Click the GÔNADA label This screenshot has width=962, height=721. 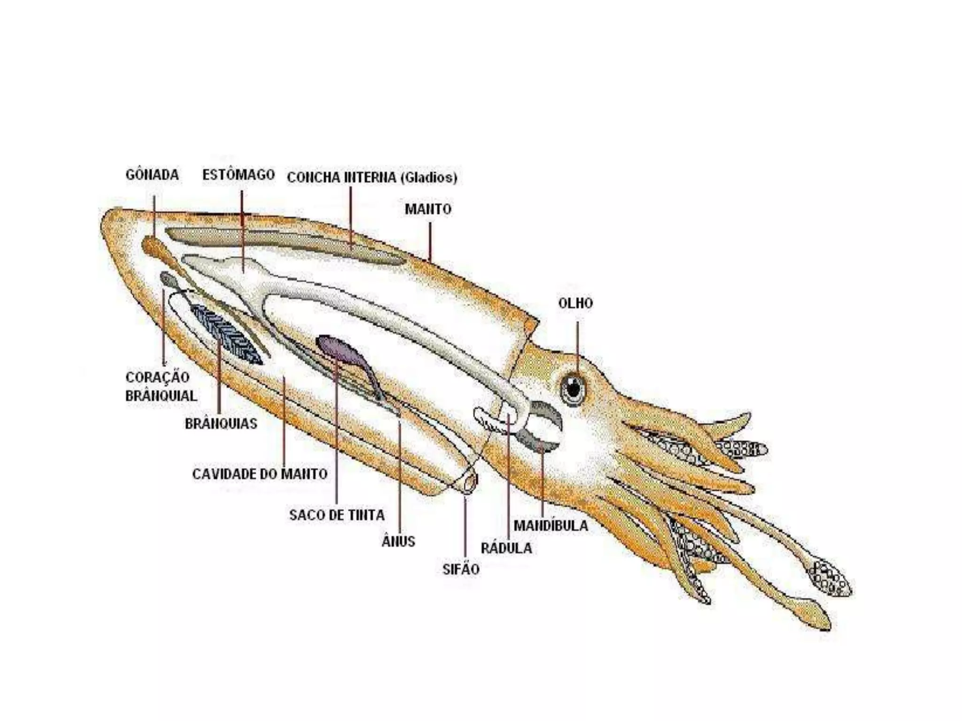(x=152, y=175)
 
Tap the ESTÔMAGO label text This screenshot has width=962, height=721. (x=238, y=175)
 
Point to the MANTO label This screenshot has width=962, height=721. (x=428, y=209)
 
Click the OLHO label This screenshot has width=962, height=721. (x=575, y=303)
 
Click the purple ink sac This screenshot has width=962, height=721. (x=340, y=350)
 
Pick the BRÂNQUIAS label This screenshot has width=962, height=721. (x=221, y=424)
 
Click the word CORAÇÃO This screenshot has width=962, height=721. (x=157, y=377)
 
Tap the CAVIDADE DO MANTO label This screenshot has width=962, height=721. (x=260, y=474)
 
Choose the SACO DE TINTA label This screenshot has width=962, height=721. (x=337, y=515)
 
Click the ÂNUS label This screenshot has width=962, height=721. (x=398, y=542)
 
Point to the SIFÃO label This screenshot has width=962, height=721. (x=461, y=569)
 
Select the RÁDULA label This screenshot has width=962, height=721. (x=506, y=548)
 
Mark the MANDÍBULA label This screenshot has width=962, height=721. (x=551, y=526)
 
